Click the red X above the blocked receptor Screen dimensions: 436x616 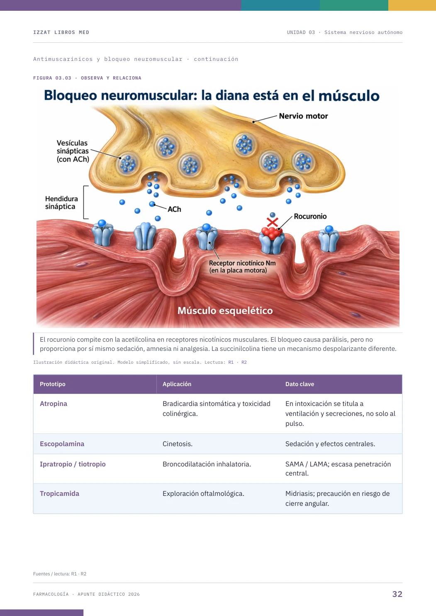coord(272,222)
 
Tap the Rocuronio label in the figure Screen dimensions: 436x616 coord(310,216)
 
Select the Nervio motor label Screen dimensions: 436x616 coord(303,116)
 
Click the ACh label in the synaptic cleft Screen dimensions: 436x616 coord(174,209)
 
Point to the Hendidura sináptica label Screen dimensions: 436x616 coord(61,203)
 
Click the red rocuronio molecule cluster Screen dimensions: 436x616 coord(272,233)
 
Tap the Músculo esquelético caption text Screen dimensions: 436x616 coord(225,310)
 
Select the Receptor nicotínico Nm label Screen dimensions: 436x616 coord(242,266)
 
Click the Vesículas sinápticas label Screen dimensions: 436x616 coord(73,151)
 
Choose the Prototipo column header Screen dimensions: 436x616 coord(53,384)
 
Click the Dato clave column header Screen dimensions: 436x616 coord(300,384)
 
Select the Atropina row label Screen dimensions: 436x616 coord(54,403)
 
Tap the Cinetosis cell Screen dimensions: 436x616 coord(178,444)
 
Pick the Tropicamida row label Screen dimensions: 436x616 coord(59,493)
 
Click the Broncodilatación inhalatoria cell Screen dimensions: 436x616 coord(207,464)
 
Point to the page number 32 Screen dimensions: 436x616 coord(397,594)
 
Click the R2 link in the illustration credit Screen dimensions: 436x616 coord(244,362)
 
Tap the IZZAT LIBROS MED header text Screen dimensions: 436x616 coord(61,32)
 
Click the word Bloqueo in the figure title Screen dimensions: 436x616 coord(71,96)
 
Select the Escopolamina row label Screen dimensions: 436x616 coord(62,444)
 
